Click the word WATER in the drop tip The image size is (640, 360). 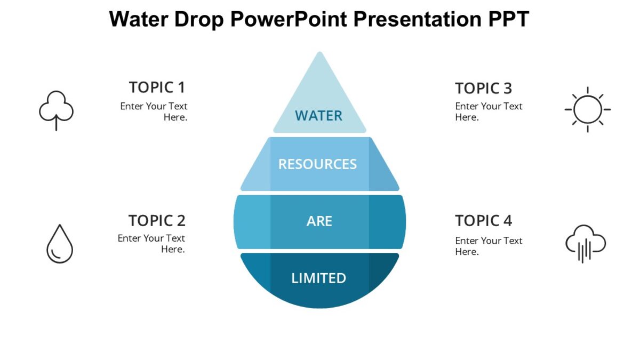tap(318, 116)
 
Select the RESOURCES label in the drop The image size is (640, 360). tap(317, 164)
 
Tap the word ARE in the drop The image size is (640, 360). tap(319, 221)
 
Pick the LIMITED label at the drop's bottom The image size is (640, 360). tap(318, 278)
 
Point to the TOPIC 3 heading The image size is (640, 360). tap(483, 88)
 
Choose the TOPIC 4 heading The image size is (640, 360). tap(483, 220)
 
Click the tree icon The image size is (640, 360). tap(56, 109)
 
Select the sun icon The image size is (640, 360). tap(587, 109)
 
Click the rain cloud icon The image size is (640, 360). tap(586, 244)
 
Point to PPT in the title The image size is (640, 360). tap(508, 20)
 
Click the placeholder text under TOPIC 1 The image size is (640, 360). tap(154, 111)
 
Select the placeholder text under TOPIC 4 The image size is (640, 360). tap(489, 246)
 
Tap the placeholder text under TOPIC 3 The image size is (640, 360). tap(489, 111)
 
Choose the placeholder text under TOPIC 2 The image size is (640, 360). tap(152, 244)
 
